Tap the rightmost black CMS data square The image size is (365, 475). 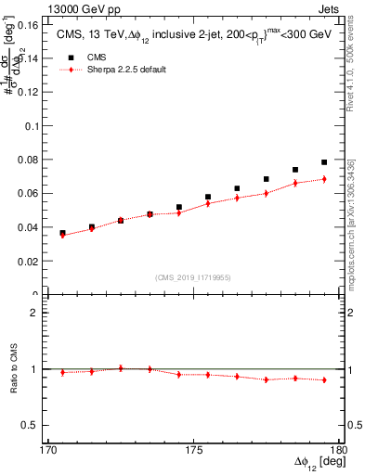324,162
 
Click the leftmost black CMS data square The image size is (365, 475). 62,233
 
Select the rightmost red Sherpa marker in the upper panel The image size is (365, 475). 324,178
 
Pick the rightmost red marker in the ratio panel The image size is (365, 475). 324,379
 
